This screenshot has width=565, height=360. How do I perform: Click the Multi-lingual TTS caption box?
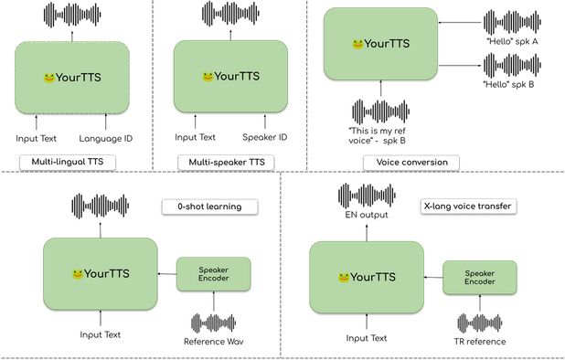point(68,163)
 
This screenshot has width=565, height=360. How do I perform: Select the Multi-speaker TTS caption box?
point(227,163)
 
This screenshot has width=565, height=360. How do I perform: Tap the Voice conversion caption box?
point(411,163)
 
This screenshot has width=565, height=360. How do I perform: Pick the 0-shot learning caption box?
point(209,207)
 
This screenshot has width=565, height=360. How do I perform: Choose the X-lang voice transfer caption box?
point(468,206)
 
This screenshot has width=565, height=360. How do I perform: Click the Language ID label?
point(106,139)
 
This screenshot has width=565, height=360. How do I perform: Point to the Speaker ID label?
point(265,137)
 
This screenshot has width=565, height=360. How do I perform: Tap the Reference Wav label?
point(213,342)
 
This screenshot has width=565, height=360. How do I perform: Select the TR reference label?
point(480,342)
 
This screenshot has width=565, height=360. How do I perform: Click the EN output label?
point(367,215)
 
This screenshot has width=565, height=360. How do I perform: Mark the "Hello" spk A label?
point(512,41)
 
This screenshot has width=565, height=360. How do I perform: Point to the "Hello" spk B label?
point(508,85)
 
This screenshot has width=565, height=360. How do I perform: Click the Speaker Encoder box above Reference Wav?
point(213,274)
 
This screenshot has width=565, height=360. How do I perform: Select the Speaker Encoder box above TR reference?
point(480,278)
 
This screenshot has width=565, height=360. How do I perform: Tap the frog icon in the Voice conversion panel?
point(357,44)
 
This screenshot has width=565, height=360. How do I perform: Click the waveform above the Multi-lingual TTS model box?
point(72,16)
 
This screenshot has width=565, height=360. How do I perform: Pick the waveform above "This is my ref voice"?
point(380,112)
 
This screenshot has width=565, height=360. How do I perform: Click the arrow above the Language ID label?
point(105,122)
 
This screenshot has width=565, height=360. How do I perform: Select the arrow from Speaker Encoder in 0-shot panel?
point(166,274)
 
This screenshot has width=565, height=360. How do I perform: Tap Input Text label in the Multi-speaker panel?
point(195,137)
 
